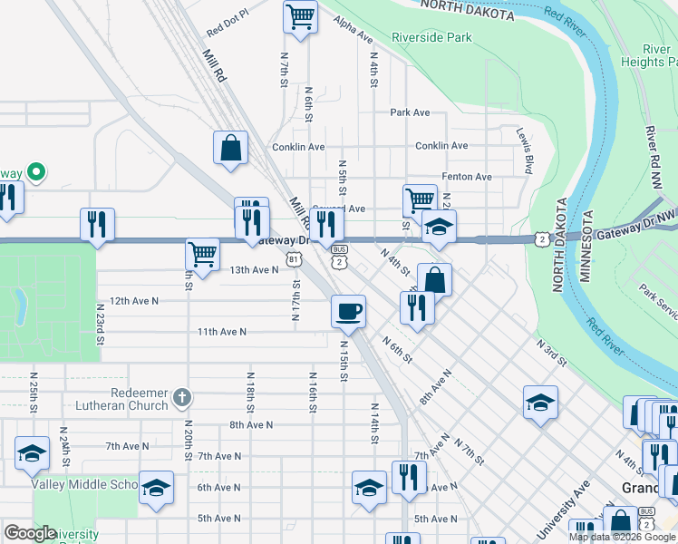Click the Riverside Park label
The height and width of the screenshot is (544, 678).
click(x=431, y=38)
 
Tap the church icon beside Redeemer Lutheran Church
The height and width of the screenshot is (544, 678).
click(x=182, y=397)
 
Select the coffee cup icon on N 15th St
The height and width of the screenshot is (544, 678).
click(x=348, y=313)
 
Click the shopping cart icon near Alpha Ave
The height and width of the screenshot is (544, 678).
click(x=301, y=15)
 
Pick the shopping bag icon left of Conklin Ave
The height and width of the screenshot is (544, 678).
click(x=231, y=148)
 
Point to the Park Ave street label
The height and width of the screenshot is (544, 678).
click(x=410, y=112)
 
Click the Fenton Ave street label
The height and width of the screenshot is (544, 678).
click(x=466, y=177)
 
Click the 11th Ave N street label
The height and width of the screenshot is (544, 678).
click(x=222, y=332)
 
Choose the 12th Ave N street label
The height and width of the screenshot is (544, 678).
click(x=133, y=300)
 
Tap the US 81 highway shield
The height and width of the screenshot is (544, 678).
click(x=293, y=259)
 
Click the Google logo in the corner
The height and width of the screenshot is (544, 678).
click(x=29, y=533)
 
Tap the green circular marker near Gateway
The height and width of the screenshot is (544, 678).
click(x=36, y=170)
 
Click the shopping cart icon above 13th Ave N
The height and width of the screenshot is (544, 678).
click(x=202, y=254)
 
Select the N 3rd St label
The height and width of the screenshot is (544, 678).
click(x=551, y=354)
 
